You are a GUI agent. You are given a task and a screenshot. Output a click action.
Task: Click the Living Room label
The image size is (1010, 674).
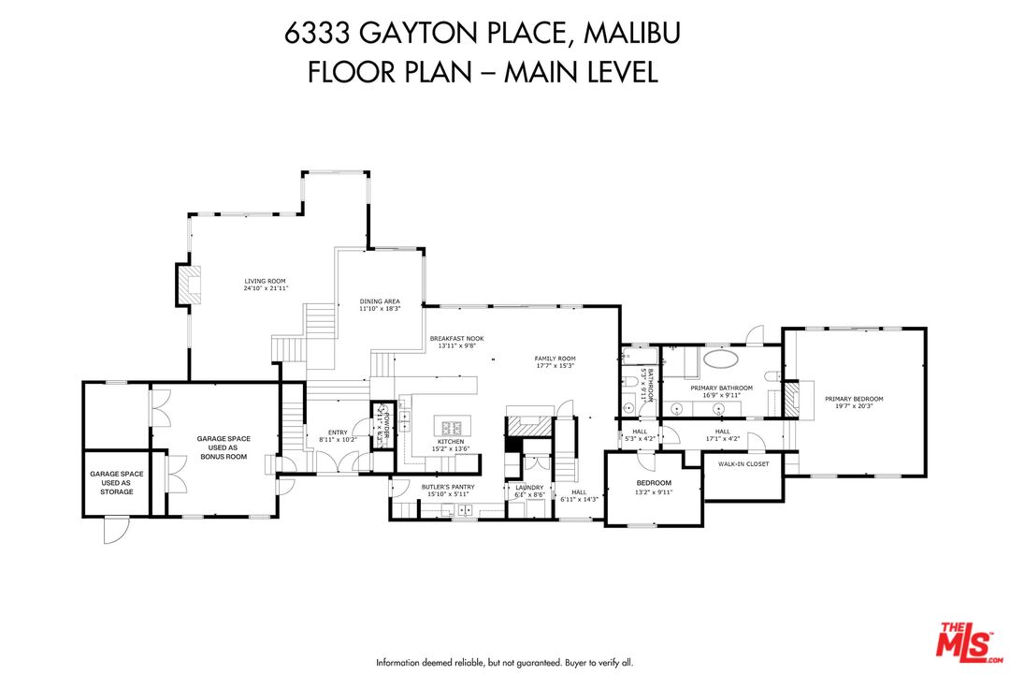point(265,281)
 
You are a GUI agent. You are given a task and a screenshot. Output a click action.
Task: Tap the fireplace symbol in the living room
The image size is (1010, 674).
point(187,285)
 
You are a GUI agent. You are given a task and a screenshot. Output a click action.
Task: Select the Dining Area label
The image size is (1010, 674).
point(380,302)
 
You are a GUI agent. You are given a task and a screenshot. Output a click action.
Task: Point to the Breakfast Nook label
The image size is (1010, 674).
point(456,339)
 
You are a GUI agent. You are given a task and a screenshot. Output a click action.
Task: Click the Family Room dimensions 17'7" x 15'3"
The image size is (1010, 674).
point(555,366)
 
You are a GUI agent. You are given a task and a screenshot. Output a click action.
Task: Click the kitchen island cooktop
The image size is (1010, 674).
point(453,429)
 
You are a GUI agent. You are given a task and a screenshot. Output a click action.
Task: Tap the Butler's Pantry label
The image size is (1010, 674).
point(448,488)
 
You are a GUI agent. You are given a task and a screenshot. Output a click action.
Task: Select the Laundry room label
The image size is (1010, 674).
point(529,488)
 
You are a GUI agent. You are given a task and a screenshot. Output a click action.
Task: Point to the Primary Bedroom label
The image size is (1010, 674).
point(853,399)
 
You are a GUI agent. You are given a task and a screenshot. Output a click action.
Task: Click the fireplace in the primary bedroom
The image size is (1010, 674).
point(792,398)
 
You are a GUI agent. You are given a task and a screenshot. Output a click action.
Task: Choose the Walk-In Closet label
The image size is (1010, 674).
point(743,464)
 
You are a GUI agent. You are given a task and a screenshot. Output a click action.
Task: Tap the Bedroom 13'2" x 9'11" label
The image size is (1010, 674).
point(654,483)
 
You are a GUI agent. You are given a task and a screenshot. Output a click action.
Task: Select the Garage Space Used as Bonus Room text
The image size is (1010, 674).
point(223,447)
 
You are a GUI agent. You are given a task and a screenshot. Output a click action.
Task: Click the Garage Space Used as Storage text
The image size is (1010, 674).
point(117,483)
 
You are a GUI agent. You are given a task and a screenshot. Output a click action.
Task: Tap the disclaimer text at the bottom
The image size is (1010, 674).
point(505,662)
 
